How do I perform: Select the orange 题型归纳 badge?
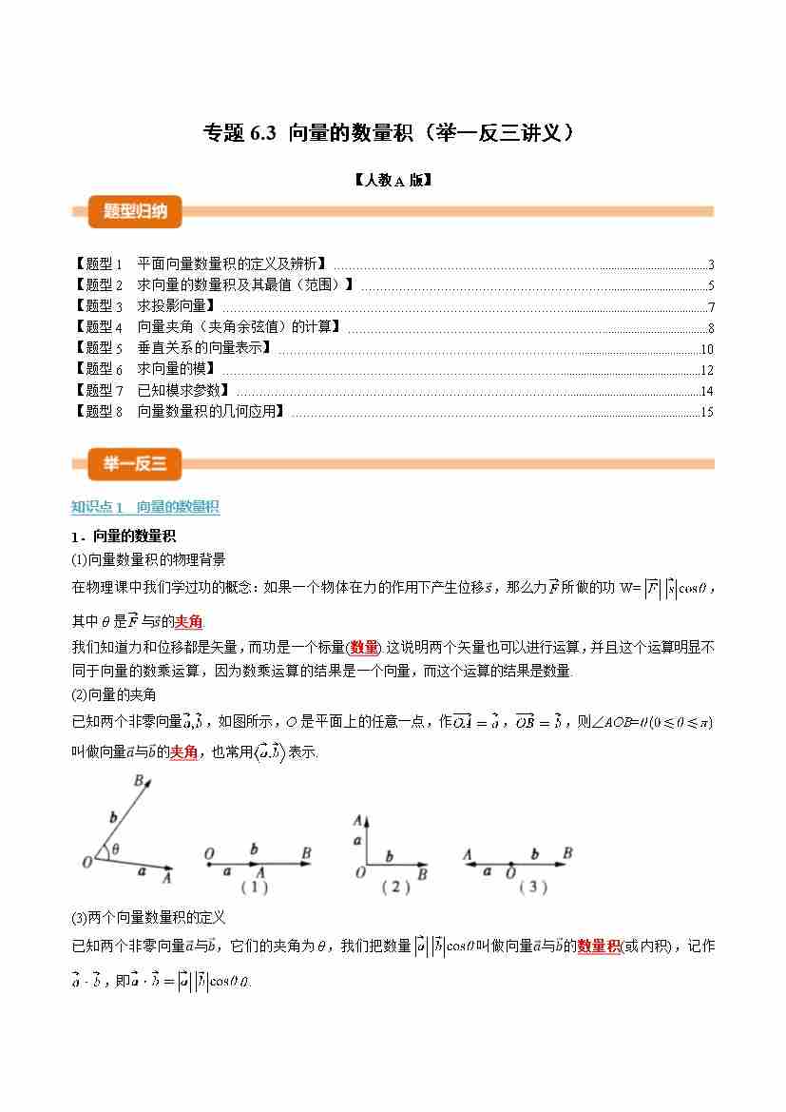click(x=134, y=211)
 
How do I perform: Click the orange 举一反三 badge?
click(x=134, y=464)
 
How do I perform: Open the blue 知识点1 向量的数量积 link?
click(x=145, y=507)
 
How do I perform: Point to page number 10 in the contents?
click(x=706, y=349)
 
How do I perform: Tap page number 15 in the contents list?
click(x=706, y=412)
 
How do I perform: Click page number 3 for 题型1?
click(x=710, y=265)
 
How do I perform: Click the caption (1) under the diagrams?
click(x=254, y=887)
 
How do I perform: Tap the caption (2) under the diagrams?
click(x=395, y=887)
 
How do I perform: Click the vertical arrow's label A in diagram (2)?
click(x=358, y=820)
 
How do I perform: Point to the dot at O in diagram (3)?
click(x=510, y=864)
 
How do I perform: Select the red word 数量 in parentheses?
click(x=364, y=647)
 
